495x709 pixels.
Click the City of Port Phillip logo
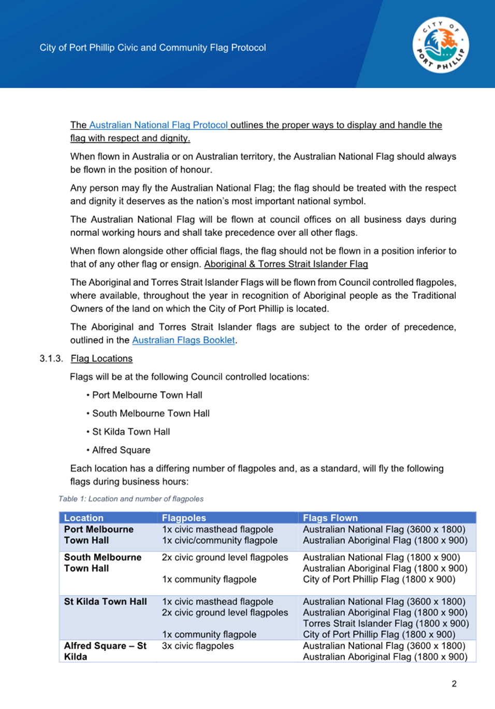(441, 45)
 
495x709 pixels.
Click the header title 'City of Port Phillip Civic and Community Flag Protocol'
(153, 48)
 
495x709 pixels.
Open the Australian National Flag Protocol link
(158, 125)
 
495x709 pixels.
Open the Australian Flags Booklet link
(183, 340)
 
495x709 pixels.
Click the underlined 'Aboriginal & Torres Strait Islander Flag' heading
(286, 264)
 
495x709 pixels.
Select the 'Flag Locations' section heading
(101, 358)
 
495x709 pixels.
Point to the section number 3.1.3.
(51, 358)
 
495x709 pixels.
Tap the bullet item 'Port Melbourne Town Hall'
(147, 395)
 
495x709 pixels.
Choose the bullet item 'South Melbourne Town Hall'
(151, 413)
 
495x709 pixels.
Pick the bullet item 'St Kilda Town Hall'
(131, 432)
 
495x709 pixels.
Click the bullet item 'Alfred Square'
(121, 450)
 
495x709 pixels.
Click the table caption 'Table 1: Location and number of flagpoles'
(131, 499)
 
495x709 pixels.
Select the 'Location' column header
(84, 518)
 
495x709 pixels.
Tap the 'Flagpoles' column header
(184, 518)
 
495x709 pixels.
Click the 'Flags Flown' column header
(330, 518)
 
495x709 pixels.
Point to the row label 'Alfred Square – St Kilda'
(105, 651)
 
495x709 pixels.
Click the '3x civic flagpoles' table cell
(198, 646)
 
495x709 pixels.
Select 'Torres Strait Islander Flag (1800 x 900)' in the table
(386, 624)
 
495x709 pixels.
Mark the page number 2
(454, 684)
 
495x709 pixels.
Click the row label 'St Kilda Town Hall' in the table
(106, 602)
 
